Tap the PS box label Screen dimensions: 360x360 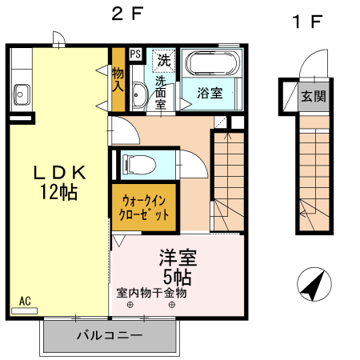point(135,55)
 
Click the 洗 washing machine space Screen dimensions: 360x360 point(163,59)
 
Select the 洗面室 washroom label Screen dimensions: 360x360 point(160,92)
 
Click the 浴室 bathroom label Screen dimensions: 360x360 point(210,92)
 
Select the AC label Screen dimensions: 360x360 point(25,301)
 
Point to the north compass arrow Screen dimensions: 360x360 point(314,284)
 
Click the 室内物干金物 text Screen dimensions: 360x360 point(151,293)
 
